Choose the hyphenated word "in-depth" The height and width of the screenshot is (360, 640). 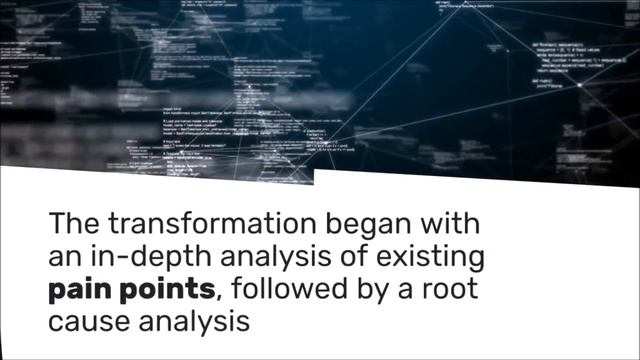143,258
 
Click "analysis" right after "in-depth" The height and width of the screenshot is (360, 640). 264,258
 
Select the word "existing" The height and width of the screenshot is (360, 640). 431,258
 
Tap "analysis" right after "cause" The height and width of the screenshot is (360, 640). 193,324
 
